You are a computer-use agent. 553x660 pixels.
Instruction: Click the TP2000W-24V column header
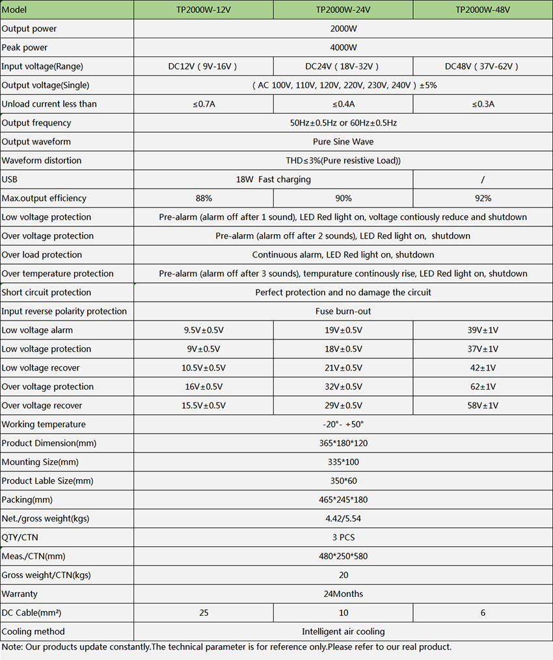coord(343,10)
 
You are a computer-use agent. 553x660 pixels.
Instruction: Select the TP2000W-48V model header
coord(482,10)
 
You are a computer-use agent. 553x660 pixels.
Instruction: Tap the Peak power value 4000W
coord(343,47)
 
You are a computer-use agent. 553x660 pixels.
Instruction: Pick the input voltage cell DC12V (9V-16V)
coord(203,66)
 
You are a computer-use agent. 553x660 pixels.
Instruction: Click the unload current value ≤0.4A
coord(343,104)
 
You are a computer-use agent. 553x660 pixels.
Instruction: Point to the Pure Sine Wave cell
coord(343,142)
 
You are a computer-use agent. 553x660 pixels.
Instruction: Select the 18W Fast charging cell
coord(273,179)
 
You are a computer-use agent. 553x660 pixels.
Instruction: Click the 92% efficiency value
coord(483,198)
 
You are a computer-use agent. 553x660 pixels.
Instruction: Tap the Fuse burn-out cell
coord(343,311)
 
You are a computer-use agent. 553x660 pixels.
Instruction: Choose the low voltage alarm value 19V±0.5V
coord(343,330)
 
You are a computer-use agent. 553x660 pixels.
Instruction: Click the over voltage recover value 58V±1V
coord(483,406)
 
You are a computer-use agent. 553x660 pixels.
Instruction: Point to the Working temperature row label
coord(44,425)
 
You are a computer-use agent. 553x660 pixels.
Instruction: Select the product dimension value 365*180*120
coord(343,443)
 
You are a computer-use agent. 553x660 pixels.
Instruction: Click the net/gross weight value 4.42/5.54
coord(343,519)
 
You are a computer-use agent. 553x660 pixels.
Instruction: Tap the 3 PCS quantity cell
coord(343,538)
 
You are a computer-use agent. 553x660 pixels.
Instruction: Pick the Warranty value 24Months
coord(343,594)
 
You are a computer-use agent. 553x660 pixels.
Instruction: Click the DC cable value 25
coord(203,613)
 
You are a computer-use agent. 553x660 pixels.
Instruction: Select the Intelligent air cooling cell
coord(343,632)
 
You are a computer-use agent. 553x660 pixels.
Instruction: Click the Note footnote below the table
coord(226,647)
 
